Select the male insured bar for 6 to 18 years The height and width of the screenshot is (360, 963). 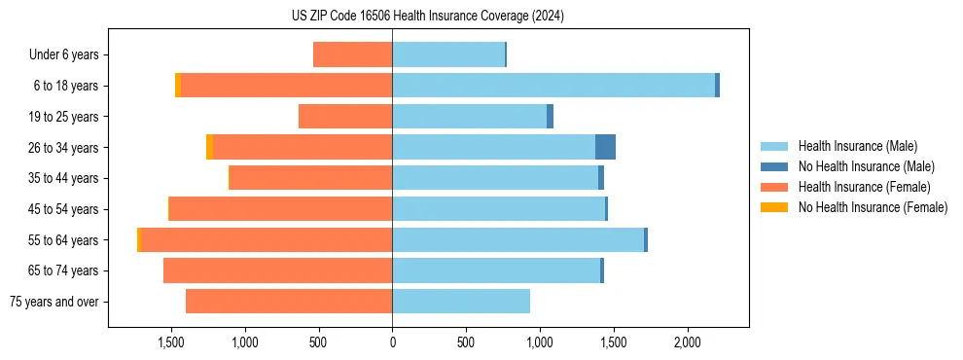[x=553, y=86]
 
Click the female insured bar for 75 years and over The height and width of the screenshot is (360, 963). [x=289, y=302]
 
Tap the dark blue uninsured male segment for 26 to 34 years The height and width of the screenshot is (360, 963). [x=605, y=147]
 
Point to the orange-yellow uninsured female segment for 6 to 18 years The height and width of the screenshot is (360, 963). [x=178, y=86]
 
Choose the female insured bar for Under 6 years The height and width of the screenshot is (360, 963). [x=352, y=54]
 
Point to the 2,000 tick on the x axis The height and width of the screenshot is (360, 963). [x=687, y=342]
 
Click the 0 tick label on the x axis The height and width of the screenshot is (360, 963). [x=392, y=342]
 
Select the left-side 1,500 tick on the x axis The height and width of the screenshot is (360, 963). [x=171, y=342]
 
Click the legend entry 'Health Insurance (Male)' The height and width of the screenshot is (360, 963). [x=857, y=146]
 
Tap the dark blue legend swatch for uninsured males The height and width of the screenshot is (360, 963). [x=776, y=166]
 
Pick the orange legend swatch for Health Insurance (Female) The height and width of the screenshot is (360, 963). [x=776, y=187]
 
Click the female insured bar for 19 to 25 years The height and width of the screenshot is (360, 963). [x=345, y=117]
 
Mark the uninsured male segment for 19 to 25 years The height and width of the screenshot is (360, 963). [x=550, y=117]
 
